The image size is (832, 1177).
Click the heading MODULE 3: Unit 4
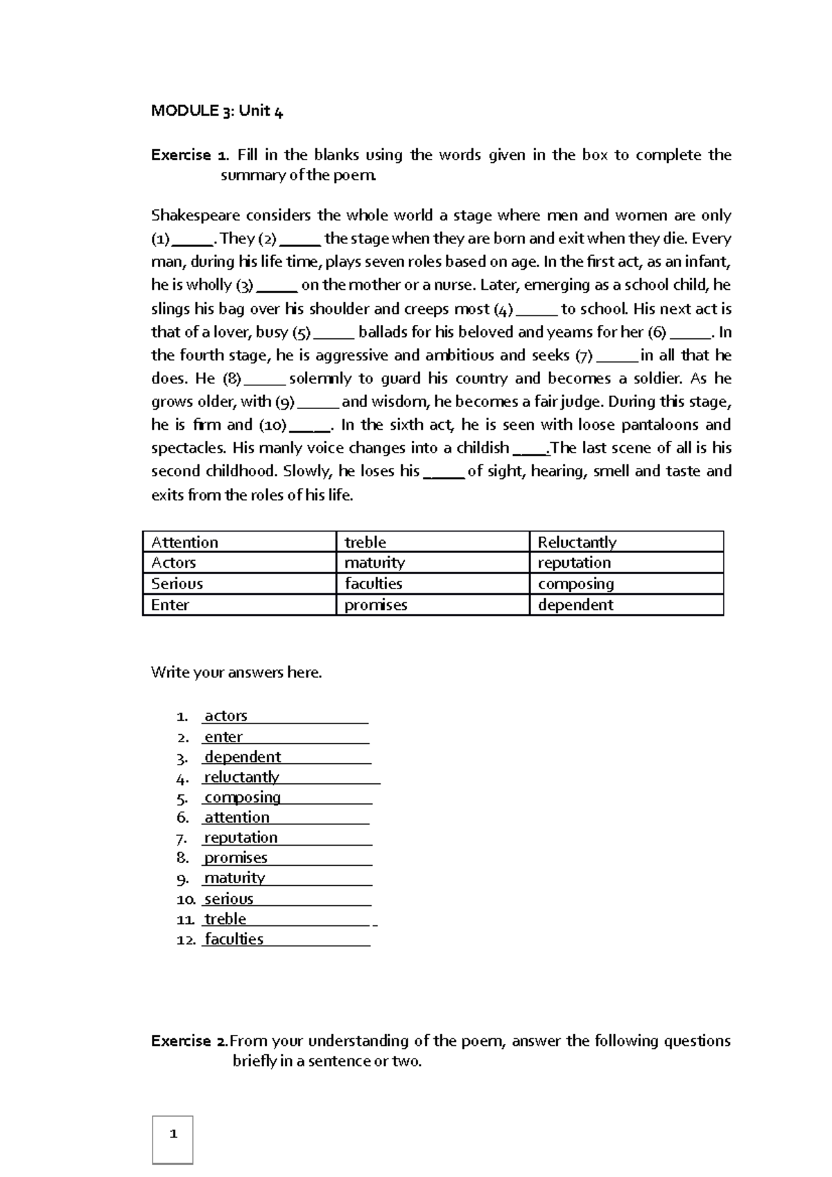(217, 112)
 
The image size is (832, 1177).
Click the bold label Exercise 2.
(189, 1041)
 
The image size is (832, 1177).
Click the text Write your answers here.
(236, 672)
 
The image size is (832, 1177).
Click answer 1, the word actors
(226, 716)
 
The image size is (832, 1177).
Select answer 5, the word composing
(243, 797)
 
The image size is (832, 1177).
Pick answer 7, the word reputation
(241, 838)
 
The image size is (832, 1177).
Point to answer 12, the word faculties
(234, 939)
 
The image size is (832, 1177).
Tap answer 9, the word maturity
(234, 878)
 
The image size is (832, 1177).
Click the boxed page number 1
(173, 1135)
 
